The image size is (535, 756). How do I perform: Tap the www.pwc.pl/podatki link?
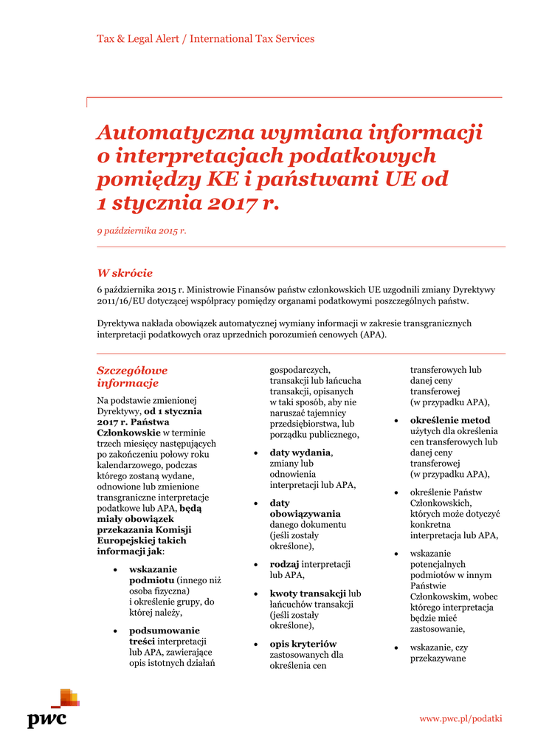(x=460, y=718)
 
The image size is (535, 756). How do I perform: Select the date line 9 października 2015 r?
(x=142, y=231)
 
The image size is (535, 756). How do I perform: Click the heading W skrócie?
(x=125, y=273)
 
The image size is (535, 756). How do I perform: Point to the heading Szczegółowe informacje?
(x=132, y=377)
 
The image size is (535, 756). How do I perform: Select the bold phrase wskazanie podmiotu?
(x=153, y=574)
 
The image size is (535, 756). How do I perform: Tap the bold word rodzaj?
(x=284, y=564)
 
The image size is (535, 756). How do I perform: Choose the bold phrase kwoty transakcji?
(x=308, y=594)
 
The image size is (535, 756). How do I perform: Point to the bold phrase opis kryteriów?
(x=303, y=644)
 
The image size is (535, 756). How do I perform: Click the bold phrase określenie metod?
(x=449, y=420)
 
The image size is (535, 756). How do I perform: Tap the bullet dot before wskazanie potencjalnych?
(x=396, y=554)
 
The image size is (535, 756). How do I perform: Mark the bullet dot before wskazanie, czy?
(x=396, y=647)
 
